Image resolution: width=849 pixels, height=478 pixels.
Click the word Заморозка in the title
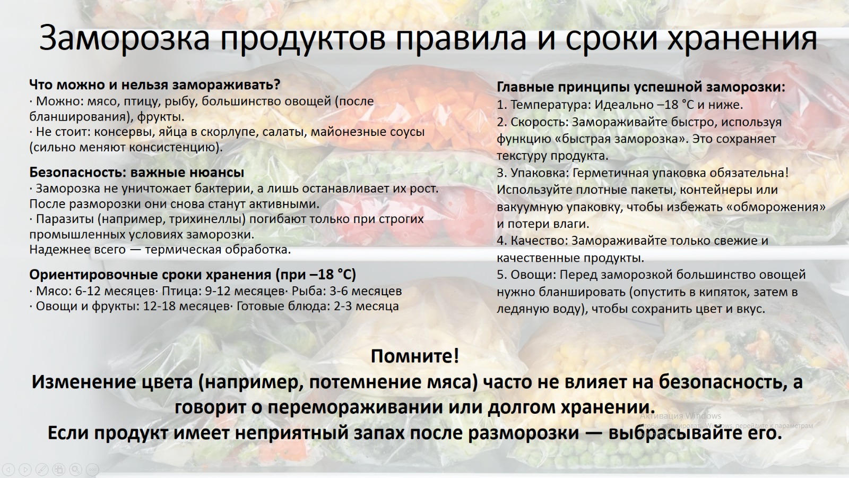click(124, 38)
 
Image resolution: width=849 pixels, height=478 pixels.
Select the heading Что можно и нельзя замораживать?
click(154, 85)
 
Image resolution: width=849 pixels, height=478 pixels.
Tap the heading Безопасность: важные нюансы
click(137, 173)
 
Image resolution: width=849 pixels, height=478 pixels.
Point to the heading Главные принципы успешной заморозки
click(641, 87)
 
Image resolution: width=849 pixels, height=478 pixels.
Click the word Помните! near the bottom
click(414, 356)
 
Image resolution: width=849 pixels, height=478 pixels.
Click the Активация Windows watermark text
click(680, 416)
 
